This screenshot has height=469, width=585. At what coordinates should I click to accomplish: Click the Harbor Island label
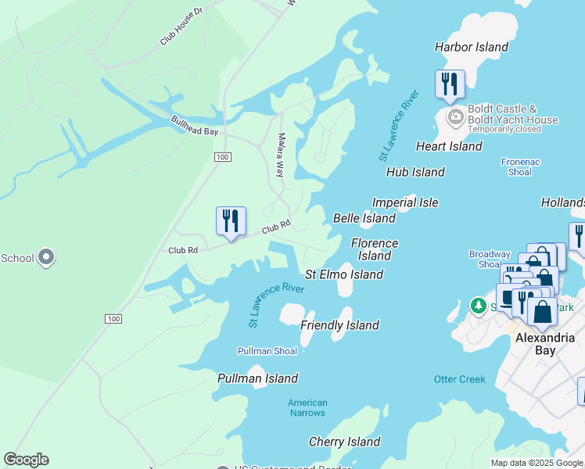[472, 47]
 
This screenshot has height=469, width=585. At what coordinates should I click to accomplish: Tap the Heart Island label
[449, 146]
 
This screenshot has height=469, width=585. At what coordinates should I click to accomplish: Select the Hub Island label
[415, 172]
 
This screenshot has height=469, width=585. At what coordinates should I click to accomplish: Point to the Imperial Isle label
[405, 202]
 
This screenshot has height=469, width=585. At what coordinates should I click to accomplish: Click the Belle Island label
[364, 218]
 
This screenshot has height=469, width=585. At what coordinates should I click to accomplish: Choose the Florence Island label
[375, 249]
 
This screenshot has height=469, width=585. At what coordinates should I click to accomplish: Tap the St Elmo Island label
[344, 274]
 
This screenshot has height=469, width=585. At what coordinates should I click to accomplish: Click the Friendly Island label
[339, 325]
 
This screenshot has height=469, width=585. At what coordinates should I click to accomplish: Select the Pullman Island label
[257, 378]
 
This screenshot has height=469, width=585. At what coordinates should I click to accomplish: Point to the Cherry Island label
[344, 442]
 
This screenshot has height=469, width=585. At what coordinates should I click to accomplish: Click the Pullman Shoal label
[267, 351]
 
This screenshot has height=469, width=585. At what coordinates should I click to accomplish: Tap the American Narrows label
[307, 408]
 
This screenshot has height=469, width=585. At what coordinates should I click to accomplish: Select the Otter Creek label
[460, 379]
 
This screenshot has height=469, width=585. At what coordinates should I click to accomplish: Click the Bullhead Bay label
[195, 125]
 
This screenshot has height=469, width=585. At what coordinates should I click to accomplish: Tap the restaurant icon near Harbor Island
[450, 84]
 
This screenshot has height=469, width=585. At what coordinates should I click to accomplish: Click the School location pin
[46, 256]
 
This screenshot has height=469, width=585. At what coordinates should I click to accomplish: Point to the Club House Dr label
[181, 27]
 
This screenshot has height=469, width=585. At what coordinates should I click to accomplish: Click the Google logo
[26, 460]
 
